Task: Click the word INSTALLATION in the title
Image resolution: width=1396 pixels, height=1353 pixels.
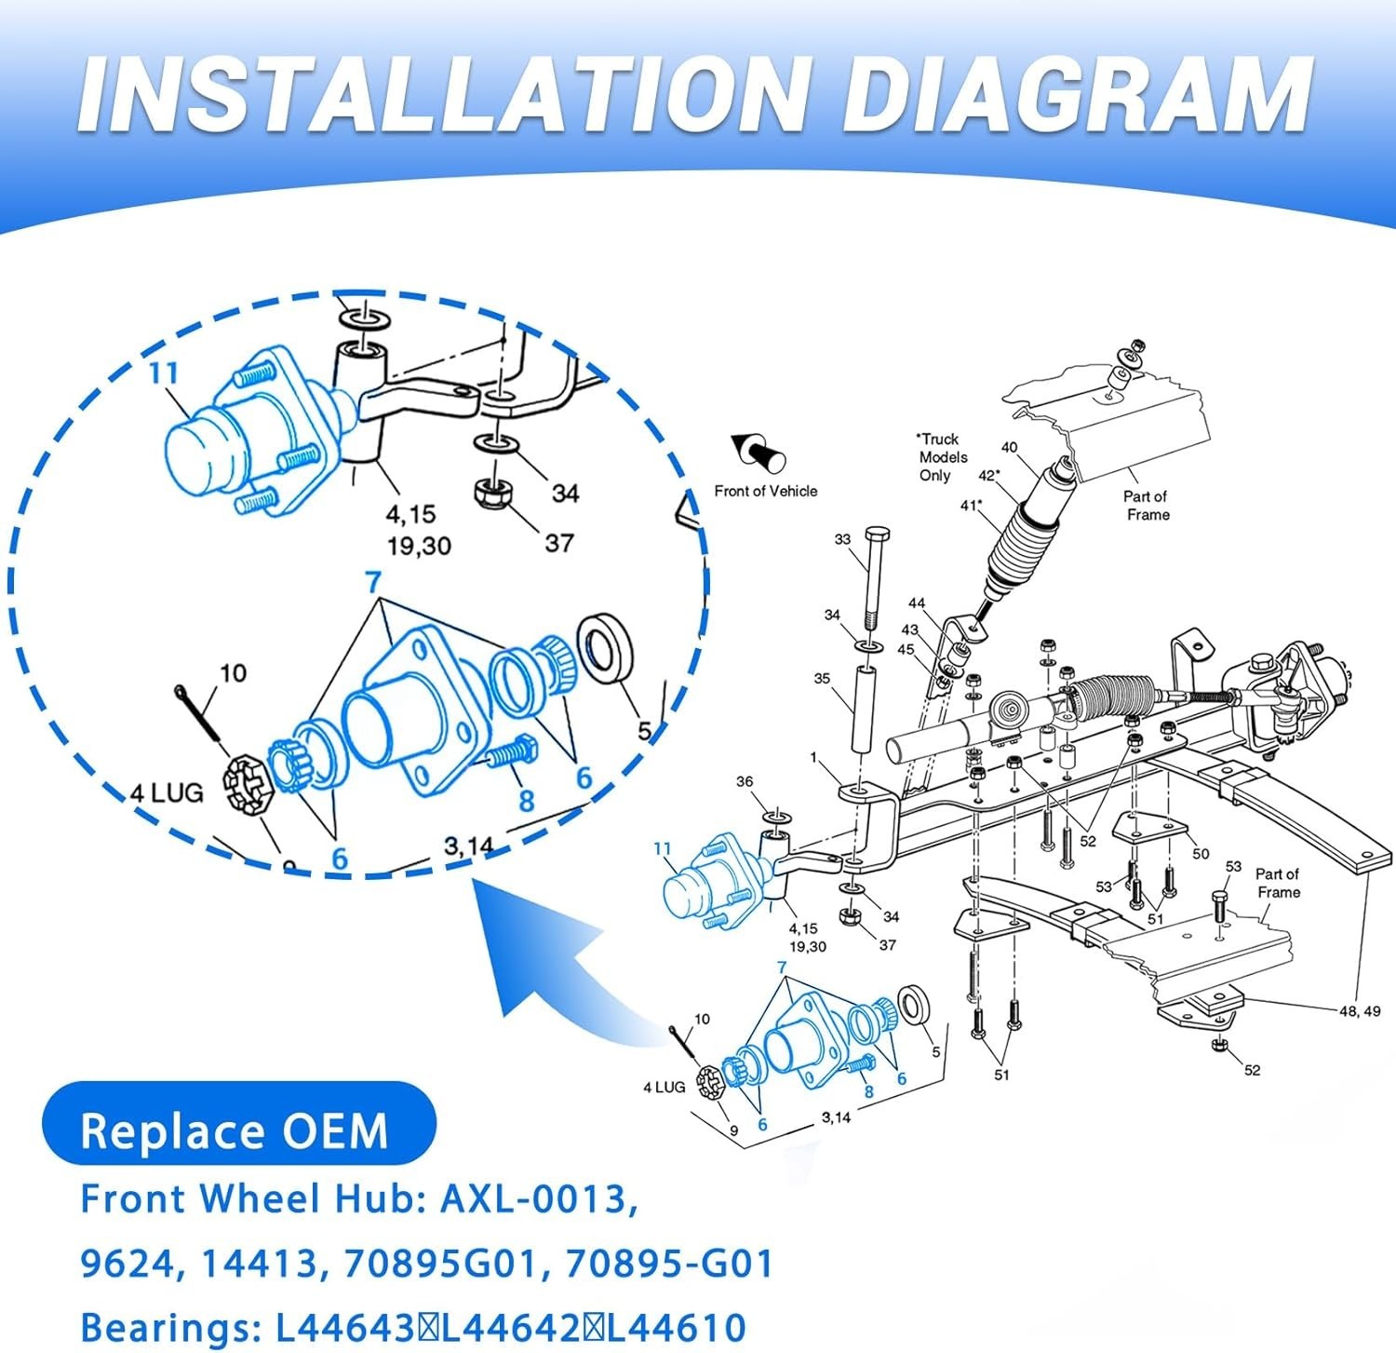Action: click(x=441, y=95)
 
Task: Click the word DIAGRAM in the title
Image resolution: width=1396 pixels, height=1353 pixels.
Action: click(x=1077, y=95)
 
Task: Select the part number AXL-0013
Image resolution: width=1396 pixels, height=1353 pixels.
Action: click(x=539, y=1198)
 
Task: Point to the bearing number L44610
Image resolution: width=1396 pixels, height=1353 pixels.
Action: click(x=677, y=1327)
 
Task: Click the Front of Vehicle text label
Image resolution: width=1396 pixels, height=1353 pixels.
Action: click(x=766, y=491)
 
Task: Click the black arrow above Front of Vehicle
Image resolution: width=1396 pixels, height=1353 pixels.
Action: click(x=758, y=453)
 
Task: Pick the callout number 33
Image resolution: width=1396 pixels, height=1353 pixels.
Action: click(x=842, y=539)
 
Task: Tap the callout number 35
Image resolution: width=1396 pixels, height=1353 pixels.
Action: click(x=822, y=678)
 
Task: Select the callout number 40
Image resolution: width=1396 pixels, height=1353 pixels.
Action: click(x=1009, y=447)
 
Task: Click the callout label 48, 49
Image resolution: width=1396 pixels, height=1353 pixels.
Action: click(x=1360, y=1010)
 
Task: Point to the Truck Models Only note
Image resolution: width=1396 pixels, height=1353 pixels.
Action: click(x=942, y=456)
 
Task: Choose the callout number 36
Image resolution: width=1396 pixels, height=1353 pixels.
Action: click(x=745, y=781)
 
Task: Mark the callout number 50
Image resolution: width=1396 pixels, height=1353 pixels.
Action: click(x=1201, y=853)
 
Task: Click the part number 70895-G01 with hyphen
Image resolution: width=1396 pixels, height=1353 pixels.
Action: click(x=669, y=1264)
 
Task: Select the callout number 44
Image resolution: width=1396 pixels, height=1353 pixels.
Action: click(x=917, y=603)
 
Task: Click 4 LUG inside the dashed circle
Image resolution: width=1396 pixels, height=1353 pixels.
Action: click(x=167, y=792)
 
